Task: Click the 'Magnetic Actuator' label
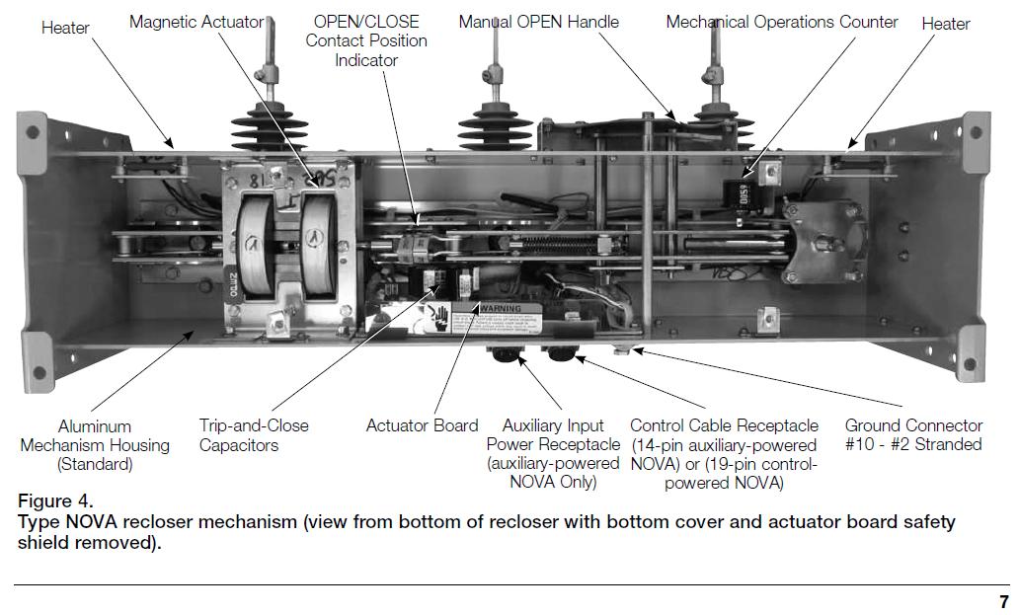click(x=196, y=22)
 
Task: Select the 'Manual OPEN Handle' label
click(x=538, y=22)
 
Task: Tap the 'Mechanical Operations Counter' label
click(x=782, y=22)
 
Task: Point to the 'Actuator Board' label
click(x=422, y=426)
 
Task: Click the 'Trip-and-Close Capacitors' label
click(x=254, y=435)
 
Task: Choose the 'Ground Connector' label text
click(x=913, y=435)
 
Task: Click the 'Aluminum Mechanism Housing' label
click(x=95, y=445)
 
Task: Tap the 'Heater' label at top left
click(x=66, y=28)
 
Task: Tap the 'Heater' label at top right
click(x=946, y=24)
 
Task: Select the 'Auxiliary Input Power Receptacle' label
click(x=553, y=454)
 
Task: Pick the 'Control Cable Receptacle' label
click(x=724, y=454)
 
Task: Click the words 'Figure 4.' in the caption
click(x=55, y=501)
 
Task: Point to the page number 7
click(x=1004, y=602)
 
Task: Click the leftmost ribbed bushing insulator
click(x=264, y=128)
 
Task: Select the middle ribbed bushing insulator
click(x=491, y=123)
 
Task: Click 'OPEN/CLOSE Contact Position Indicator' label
click(x=366, y=40)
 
